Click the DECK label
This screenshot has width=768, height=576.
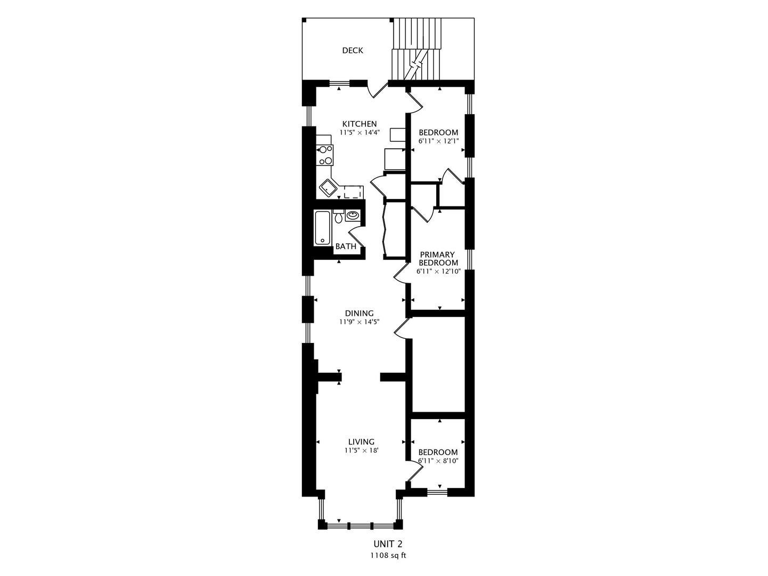pyautogui.click(x=353, y=51)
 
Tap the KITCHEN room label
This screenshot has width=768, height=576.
pyautogui.click(x=360, y=124)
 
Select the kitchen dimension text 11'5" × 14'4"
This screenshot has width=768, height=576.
pyautogui.click(x=360, y=133)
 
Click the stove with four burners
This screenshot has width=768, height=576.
pyautogui.click(x=80, y=155)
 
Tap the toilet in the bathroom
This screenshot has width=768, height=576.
pyautogui.click(x=338, y=217)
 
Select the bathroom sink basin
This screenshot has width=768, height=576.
pyautogui.click(x=352, y=215)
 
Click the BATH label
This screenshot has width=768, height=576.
pyautogui.click(x=346, y=246)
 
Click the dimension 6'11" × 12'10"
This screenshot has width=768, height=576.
pyautogui.click(x=438, y=271)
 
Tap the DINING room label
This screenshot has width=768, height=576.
pyautogui.click(x=360, y=313)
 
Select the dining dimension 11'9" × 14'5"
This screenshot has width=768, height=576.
pyautogui.click(x=360, y=322)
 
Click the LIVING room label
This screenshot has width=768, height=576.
pyautogui.click(x=362, y=442)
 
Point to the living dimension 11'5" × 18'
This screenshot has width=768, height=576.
pyautogui.click(x=362, y=451)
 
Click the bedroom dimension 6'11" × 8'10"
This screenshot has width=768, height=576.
pyautogui.click(x=438, y=461)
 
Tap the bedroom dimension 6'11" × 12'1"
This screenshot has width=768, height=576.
pyautogui.click(x=438, y=141)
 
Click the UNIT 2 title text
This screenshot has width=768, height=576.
pyautogui.click(x=388, y=544)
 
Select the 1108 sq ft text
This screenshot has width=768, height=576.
pyautogui.click(x=388, y=556)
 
